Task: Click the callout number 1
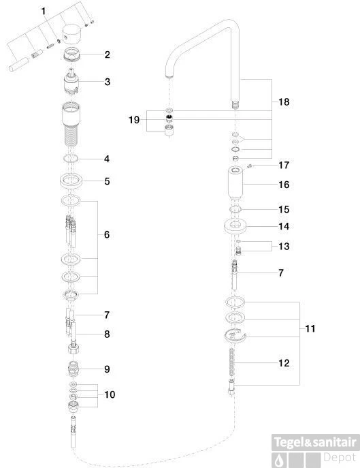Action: pyautogui.click(x=44, y=12)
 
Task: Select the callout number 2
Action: pyautogui.click(x=107, y=54)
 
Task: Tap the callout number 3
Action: pyautogui.click(x=108, y=82)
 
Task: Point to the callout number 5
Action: pyautogui.click(x=107, y=181)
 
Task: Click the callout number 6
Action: pyautogui.click(x=107, y=234)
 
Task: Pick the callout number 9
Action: pyautogui.click(x=107, y=369)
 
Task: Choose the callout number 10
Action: pyautogui.click(x=110, y=394)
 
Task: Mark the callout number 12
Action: pyautogui.click(x=284, y=363)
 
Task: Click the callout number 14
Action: pyautogui.click(x=284, y=226)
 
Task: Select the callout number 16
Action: pyautogui.click(x=284, y=185)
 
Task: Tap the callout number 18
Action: pyautogui.click(x=284, y=102)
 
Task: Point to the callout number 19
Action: pyautogui.click(x=134, y=120)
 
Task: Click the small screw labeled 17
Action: pyautogui.click(x=250, y=166)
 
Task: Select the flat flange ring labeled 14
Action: pyautogui.click(x=235, y=226)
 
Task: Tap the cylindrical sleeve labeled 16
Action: pyautogui.click(x=235, y=183)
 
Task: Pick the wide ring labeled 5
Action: pyautogui.click(x=71, y=181)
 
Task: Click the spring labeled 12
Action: pyautogui.click(x=233, y=362)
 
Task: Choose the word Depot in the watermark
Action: pyautogui.click(x=340, y=457)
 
